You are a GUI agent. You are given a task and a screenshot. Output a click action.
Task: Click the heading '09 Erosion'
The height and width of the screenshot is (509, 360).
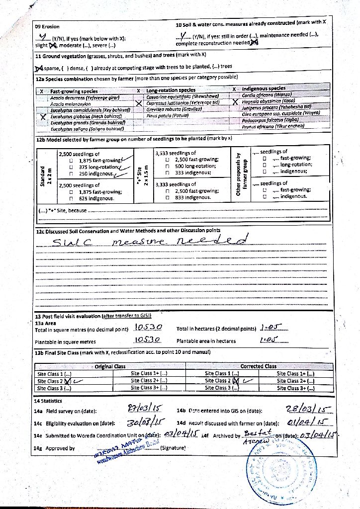point(47,26)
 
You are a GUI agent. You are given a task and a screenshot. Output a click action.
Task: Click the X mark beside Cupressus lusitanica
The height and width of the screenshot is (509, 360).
point(139,103)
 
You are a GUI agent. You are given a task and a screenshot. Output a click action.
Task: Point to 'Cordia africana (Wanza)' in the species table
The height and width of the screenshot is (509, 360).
point(266,95)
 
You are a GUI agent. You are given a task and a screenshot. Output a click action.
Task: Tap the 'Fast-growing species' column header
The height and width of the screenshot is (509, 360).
point(74,91)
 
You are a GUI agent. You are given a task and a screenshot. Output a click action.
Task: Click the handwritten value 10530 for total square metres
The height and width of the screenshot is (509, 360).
point(148,328)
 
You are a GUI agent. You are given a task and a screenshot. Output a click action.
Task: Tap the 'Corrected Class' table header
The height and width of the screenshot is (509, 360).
point(258,366)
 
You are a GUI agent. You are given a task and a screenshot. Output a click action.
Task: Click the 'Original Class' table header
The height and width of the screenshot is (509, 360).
point(110,366)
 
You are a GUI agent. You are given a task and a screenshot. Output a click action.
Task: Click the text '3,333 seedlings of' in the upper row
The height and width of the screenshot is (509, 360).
point(176,153)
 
